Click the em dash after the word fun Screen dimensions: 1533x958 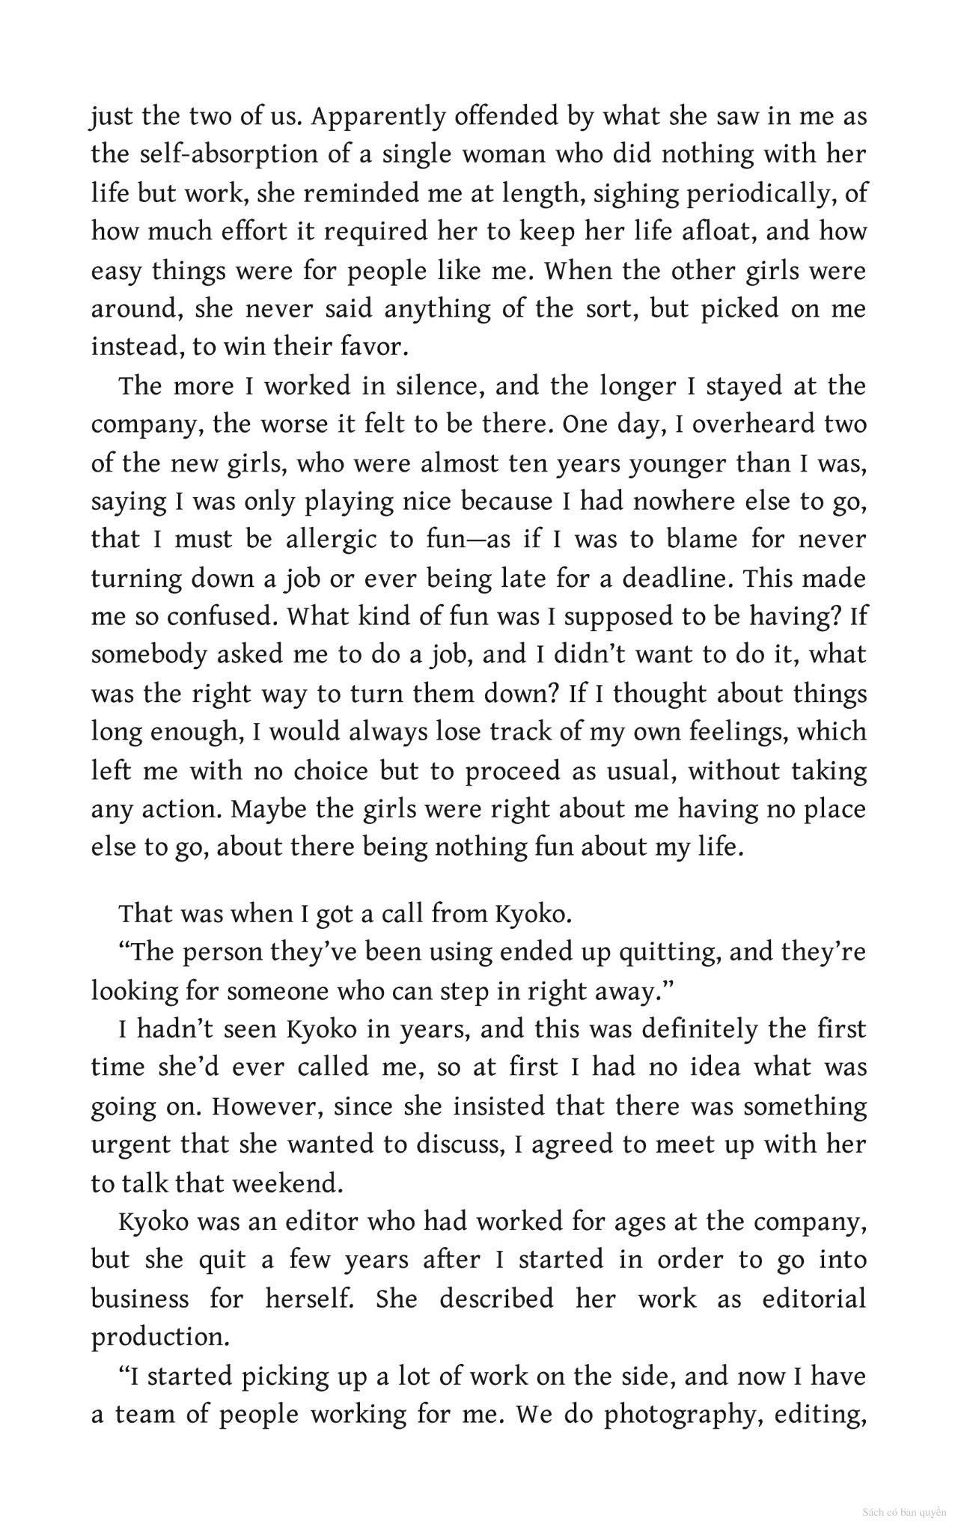(476, 540)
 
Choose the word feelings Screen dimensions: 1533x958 (736, 731)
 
